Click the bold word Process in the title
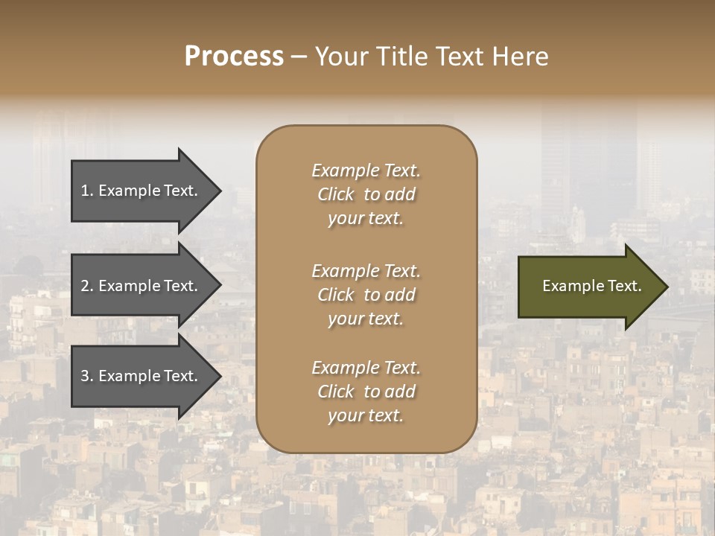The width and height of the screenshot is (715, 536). click(234, 57)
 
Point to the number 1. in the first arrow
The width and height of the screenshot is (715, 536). click(87, 191)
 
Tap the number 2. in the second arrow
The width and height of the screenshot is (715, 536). click(87, 286)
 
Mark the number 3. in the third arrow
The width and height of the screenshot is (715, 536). click(87, 376)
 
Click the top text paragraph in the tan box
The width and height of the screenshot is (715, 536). click(366, 194)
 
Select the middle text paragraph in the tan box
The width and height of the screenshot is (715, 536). click(366, 294)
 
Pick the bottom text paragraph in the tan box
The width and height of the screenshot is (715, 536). click(366, 392)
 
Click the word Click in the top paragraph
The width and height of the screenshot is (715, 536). click(336, 194)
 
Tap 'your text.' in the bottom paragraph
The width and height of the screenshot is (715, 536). click(366, 415)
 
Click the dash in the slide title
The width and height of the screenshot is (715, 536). click(299, 57)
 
